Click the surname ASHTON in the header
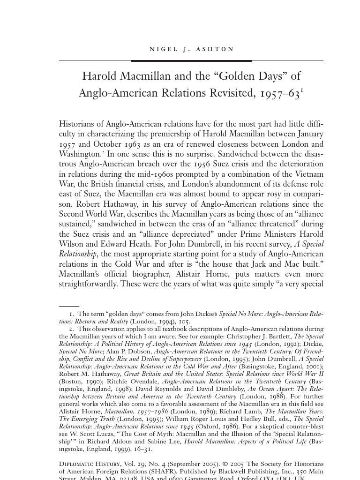coord(217,49)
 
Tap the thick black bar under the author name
coord(191,61)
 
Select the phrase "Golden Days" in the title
coord(239,76)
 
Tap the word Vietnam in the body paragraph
coord(307,174)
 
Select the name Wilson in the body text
coord(71,244)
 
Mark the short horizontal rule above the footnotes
coord(69,306)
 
